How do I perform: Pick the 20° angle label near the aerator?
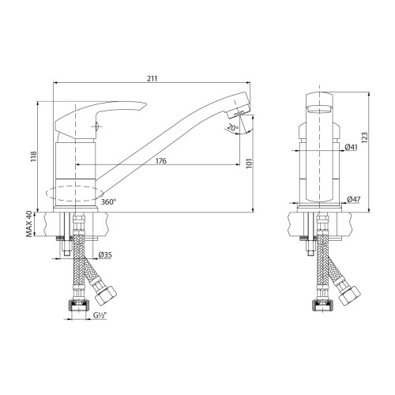click(x=231, y=127)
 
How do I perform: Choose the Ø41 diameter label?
click(x=352, y=146)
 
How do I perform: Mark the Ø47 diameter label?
click(x=352, y=201)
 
